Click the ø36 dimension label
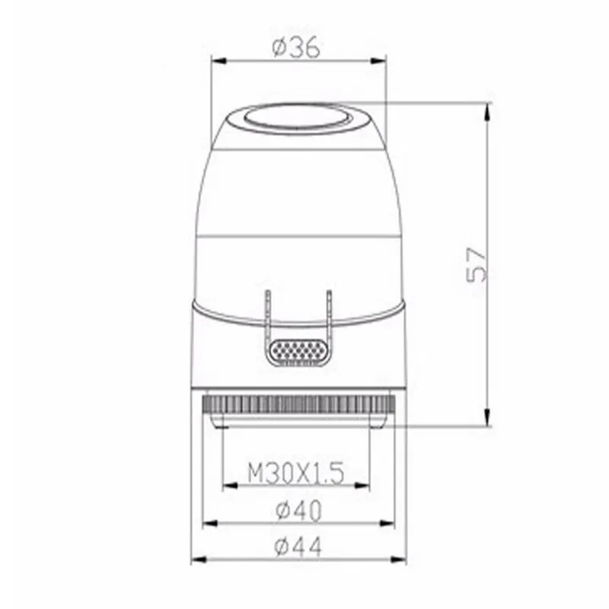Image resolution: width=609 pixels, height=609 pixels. (296, 48)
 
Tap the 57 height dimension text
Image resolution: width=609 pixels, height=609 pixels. (477, 264)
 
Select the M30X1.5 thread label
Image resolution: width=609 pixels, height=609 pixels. (296, 473)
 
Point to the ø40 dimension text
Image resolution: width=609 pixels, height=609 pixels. (298, 510)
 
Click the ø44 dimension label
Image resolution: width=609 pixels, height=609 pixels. (298, 546)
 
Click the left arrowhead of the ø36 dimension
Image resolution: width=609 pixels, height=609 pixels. (219, 61)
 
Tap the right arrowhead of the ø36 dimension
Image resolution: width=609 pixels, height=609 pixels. (378, 61)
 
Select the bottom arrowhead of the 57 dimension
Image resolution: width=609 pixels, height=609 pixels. (488, 417)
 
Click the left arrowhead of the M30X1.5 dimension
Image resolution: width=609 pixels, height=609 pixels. (231, 486)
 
